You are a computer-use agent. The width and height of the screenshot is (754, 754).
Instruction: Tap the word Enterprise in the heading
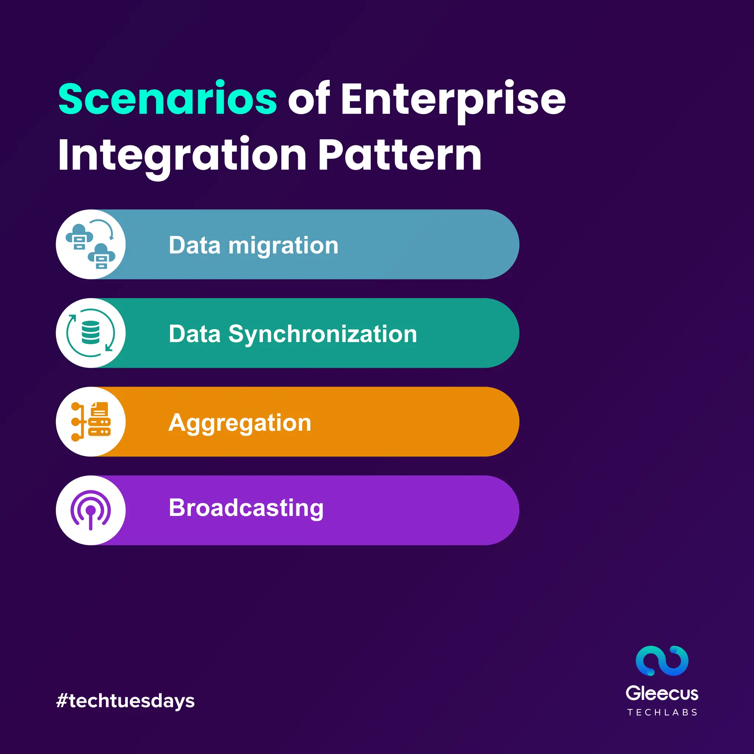click(x=453, y=100)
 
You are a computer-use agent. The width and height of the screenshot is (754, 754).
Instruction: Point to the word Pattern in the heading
click(x=400, y=155)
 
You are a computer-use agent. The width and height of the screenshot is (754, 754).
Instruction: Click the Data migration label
click(x=253, y=246)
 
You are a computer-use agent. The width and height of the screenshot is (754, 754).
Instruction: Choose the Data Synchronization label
click(x=293, y=334)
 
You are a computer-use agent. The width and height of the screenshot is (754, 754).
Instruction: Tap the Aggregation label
click(x=240, y=423)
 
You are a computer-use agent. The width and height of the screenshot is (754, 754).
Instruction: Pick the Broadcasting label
click(x=246, y=508)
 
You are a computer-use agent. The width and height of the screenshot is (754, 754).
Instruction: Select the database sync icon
click(x=91, y=333)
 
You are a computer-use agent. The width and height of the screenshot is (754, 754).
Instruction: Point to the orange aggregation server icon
click(x=91, y=422)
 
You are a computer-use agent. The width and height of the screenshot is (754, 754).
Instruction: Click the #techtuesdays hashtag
click(x=125, y=701)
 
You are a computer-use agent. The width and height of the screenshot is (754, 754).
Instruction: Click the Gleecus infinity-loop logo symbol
click(x=662, y=661)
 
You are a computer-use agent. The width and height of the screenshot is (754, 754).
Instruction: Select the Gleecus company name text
click(x=662, y=694)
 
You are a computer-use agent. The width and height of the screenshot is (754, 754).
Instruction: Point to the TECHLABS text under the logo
click(x=662, y=713)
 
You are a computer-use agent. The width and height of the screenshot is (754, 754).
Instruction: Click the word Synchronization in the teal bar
click(x=323, y=334)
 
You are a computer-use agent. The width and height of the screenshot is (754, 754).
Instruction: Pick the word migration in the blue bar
click(x=283, y=246)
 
